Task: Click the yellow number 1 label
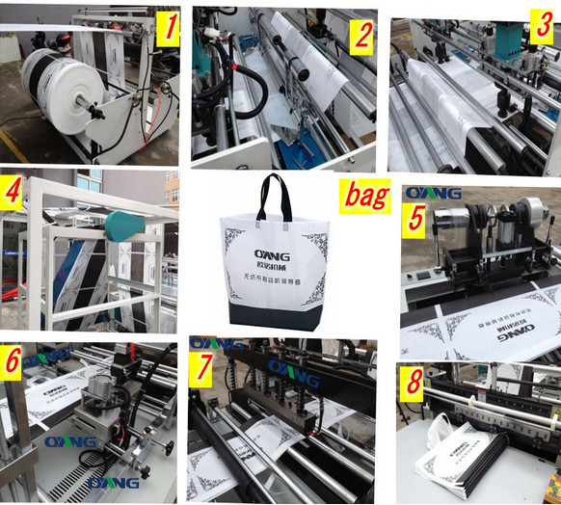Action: [168, 28]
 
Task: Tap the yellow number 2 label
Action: [361, 36]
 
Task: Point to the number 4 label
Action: [13, 195]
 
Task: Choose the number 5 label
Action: [416, 217]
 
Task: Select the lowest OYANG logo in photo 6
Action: [114, 482]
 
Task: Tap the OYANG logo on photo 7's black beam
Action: [293, 368]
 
